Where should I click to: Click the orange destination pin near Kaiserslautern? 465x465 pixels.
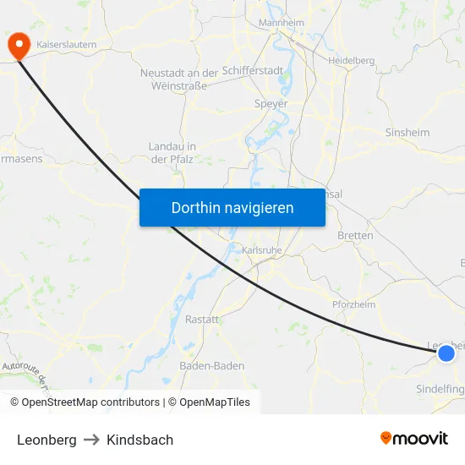point(17,44)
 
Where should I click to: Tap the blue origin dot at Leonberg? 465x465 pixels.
point(446,353)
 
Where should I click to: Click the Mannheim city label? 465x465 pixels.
point(281,23)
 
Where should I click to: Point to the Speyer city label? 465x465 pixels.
point(271,104)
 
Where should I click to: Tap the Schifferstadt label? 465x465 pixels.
point(256,72)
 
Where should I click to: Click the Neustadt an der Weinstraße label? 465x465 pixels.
point(179,79)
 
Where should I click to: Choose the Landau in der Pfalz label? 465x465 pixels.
point(172,152)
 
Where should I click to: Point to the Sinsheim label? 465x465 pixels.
point(408,133)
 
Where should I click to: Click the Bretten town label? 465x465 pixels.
point(355,236)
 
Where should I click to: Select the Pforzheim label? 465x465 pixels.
point(353,304)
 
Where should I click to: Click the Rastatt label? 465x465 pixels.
point(202,320)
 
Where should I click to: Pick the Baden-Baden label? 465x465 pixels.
point(212,366)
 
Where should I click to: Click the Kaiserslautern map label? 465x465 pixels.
point(67,43)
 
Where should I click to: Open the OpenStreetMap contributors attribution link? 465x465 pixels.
point(90,402)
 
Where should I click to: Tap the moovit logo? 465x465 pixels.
point(414,439)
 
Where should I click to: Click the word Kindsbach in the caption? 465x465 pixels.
point(139,440)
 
